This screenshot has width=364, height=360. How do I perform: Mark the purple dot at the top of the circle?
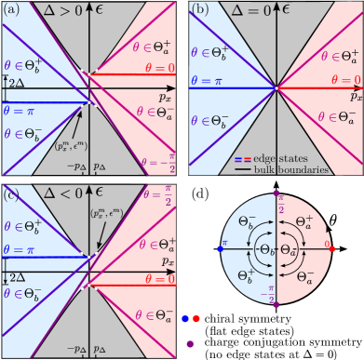coord(277,193)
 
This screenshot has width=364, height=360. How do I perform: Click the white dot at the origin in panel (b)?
coord(276,89)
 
